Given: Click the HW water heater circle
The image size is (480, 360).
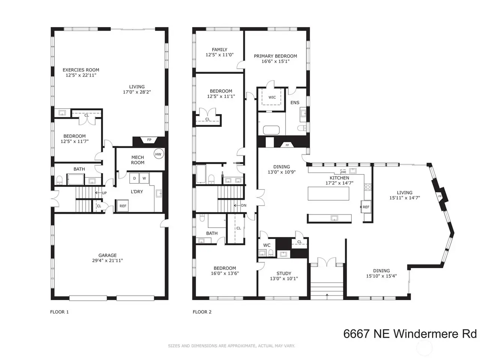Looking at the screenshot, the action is click(158, 154).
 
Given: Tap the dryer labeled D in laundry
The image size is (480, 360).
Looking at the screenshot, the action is click(134, 178).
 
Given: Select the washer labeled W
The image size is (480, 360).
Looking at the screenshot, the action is click(144, 178).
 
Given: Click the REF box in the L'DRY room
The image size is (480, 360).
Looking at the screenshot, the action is click(123, 205).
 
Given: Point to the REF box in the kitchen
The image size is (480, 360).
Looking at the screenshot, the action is click(366, 207).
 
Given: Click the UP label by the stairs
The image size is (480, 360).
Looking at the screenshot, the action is click(104, 193).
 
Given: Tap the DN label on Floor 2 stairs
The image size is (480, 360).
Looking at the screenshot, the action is click(244, 205).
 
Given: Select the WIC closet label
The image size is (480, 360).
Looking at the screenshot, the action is click(272, 97).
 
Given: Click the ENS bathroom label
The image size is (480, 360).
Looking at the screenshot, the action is click(295, 102).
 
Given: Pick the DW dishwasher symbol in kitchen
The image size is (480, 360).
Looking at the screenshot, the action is click(343, 172).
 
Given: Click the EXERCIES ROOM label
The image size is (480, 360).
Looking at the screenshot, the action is click(81, 70).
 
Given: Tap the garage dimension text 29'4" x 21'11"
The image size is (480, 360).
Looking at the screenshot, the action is click(107, 261).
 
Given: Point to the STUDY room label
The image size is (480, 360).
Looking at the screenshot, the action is click(284, 273).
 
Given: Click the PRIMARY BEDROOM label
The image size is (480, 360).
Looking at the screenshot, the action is click(275, 56).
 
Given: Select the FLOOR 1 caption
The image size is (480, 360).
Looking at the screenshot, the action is click(60, 312).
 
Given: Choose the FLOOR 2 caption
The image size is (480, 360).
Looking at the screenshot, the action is click(202, 312).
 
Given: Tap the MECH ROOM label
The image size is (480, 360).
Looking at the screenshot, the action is click(138, 160).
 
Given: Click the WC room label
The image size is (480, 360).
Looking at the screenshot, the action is click(267, 245).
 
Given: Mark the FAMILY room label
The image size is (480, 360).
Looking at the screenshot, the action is click(219, 49).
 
